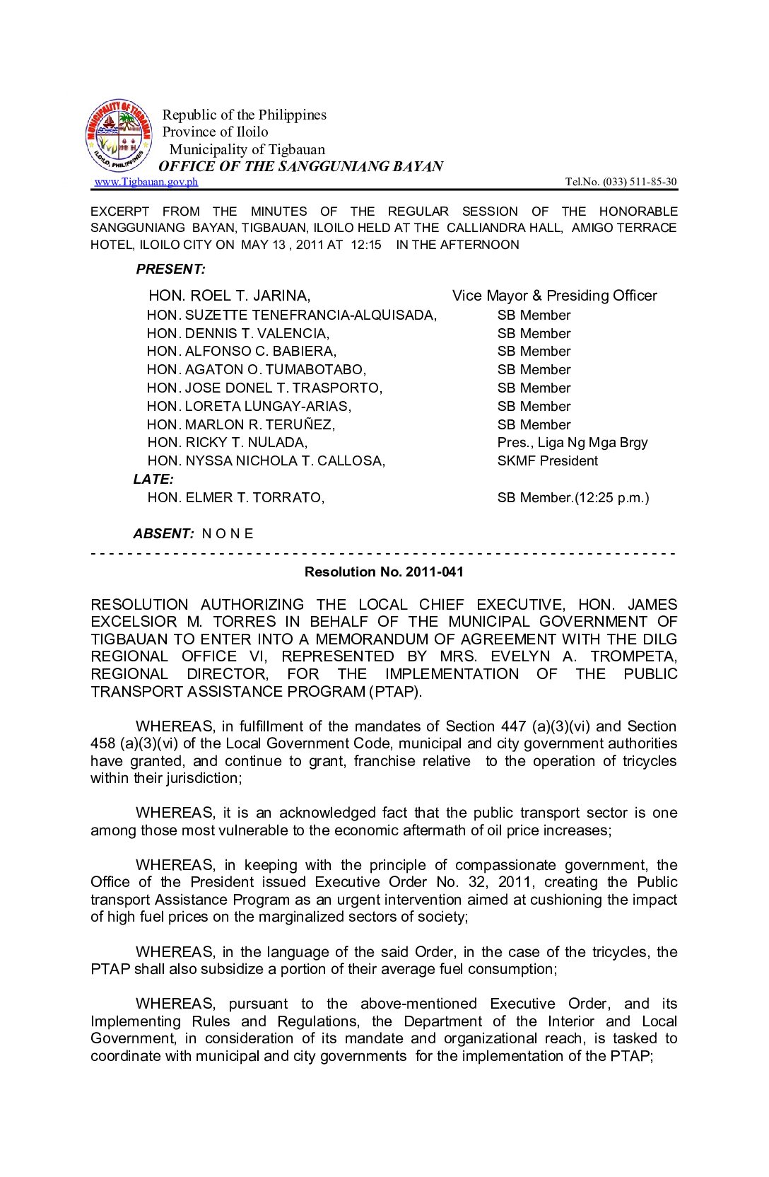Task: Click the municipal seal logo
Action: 119,136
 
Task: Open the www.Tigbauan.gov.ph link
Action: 146,182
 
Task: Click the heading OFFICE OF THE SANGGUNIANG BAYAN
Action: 300,166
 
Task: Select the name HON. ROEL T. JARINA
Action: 229,296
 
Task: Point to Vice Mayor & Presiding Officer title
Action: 554,296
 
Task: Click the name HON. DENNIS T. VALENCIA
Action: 238,333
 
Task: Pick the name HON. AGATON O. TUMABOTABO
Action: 257,369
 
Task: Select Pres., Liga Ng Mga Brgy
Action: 572,442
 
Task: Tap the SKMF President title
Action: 547,460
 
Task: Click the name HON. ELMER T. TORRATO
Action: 236,497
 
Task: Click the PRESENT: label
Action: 171,269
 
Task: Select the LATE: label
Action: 153,479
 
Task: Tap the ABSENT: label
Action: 163,533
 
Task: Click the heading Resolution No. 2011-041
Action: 384,572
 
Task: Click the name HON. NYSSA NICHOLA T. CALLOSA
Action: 266,460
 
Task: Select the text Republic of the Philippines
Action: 245,115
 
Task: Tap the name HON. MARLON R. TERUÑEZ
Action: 241,424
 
